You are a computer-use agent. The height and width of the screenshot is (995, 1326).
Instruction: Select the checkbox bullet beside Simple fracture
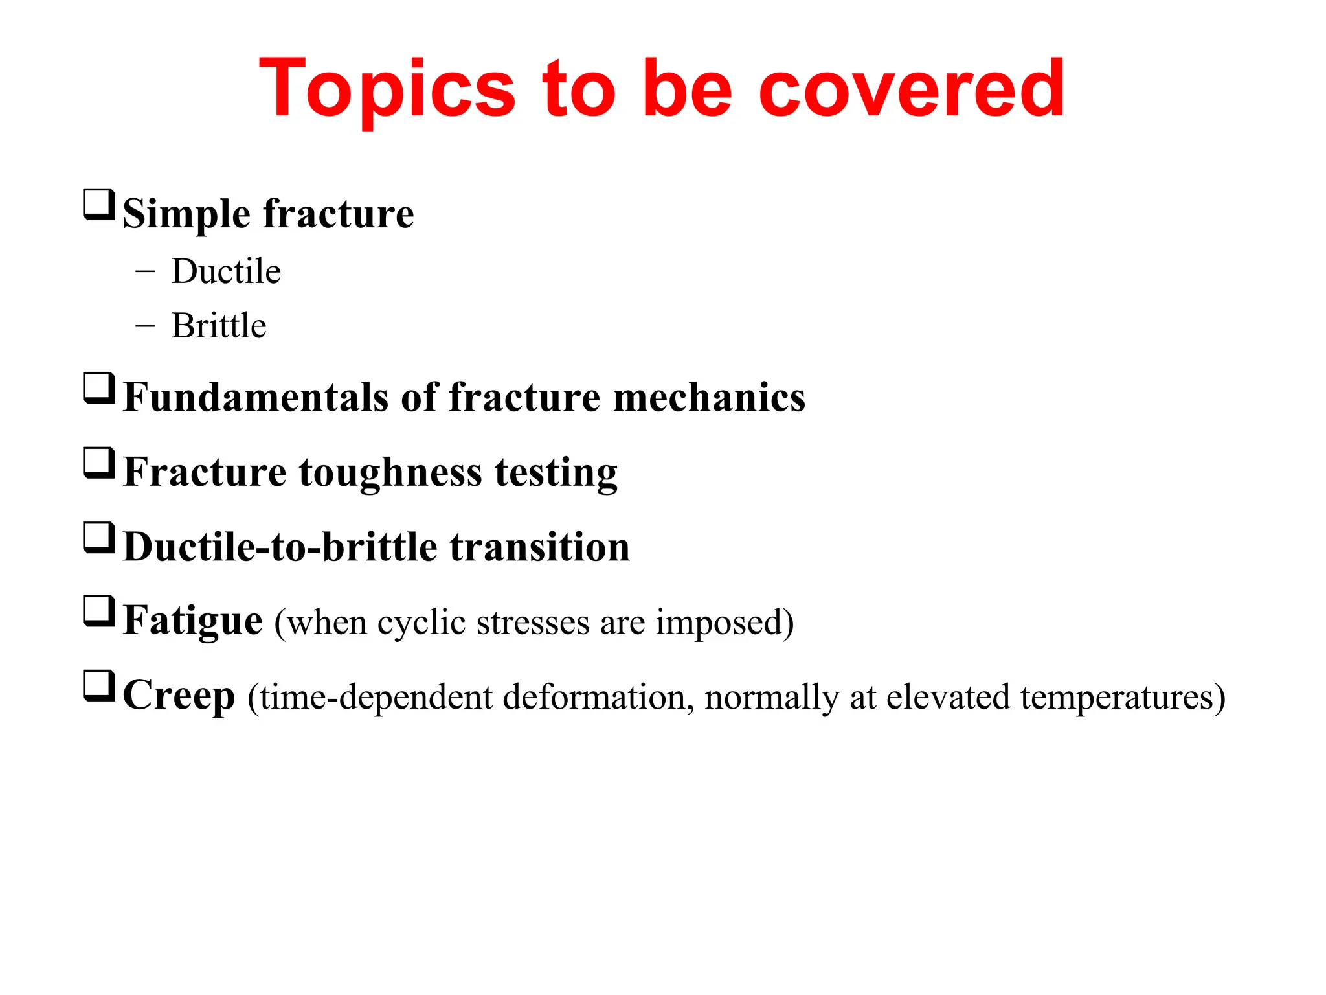pyautogui.click(x=99, y=205)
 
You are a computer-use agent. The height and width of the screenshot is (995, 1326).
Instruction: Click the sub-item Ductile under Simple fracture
pyautogui.click(x=226, y=271)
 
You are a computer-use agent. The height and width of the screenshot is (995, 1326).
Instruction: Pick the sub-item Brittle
pyautogui.click(x=219, y=326)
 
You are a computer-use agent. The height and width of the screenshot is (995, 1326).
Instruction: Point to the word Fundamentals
pyautogui.click(x=256, y=397)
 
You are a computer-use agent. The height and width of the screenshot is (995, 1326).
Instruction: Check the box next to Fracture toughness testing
pyautogui.click(x=99, y=463)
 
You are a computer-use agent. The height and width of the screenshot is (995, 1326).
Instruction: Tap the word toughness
pyautogui.click(x=390, y=473)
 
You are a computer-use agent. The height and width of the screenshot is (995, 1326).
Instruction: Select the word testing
pyautogui.click(x=556, y=473)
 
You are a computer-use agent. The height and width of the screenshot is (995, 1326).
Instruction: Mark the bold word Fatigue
pyautogui.click(x=192, y=621)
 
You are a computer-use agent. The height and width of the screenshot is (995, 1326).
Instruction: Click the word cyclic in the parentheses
pyautogui.click(x=421, y=623)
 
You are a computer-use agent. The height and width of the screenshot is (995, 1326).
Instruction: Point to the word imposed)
pyautogui.click(x=725, y=623)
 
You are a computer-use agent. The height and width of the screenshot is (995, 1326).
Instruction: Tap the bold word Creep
pyautogui.click(x=179, y=696)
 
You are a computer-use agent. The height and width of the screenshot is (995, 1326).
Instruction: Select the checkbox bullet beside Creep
pyautogui.click(x=99, y=686)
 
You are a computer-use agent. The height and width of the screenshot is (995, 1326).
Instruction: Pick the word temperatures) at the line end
pyautogui.click(x=1123, y=698)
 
